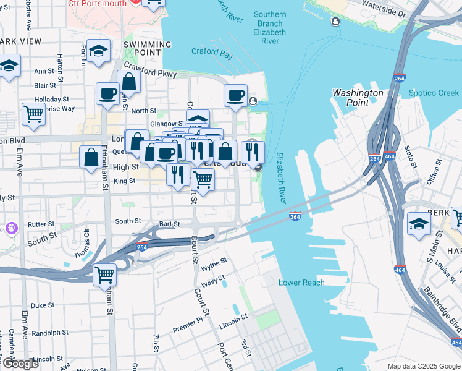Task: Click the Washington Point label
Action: tap(358, 98)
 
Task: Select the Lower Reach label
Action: tap(301, 283)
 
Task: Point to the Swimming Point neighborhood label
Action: tap(147, 49)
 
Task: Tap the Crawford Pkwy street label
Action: tap(150, 69)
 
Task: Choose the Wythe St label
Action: tap(214, 262)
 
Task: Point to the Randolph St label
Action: tap(46, 333)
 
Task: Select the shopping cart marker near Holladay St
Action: tap(33, 113)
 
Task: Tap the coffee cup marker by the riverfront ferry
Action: tap(235, 95)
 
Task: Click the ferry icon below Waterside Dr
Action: tap(335, 22)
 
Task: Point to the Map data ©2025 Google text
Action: tap(424, 366)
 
